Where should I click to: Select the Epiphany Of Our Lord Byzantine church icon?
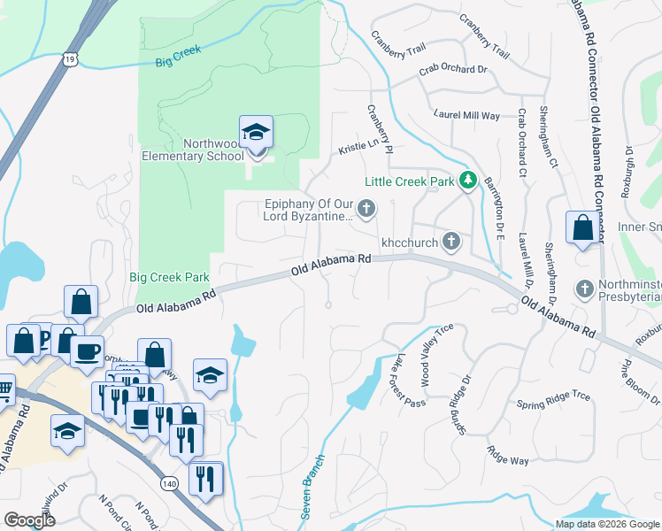[367, 209]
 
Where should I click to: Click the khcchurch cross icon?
[451, 240]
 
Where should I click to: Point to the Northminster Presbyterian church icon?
[584, 289]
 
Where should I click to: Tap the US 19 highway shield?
[71, 58]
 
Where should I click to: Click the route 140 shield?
[169, 483]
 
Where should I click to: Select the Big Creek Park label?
[169, 277]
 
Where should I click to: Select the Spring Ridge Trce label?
[552, 400]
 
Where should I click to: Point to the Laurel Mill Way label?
[466, 115]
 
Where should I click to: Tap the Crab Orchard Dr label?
[453, 68]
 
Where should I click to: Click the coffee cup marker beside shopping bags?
[86, 351]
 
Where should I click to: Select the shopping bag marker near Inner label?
[583, 228]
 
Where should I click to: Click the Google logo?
[30, 520]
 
